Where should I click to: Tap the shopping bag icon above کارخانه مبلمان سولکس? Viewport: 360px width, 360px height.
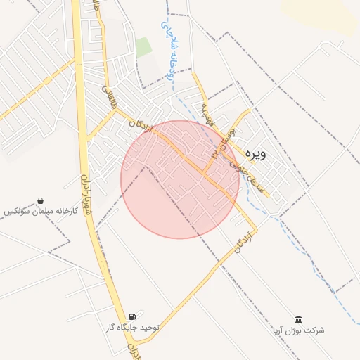(40, 200)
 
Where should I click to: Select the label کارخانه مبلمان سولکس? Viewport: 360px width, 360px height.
(39, 211)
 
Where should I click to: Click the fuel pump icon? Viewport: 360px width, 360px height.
(133, 318)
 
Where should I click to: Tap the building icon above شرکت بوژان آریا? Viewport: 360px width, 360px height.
(299, 319)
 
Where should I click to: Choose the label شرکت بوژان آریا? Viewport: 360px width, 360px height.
(299, 330)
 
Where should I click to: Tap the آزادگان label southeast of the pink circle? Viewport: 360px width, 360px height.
(241, 240)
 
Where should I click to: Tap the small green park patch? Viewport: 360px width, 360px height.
(143, 47)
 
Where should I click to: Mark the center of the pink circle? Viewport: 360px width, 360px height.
(179, 179)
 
